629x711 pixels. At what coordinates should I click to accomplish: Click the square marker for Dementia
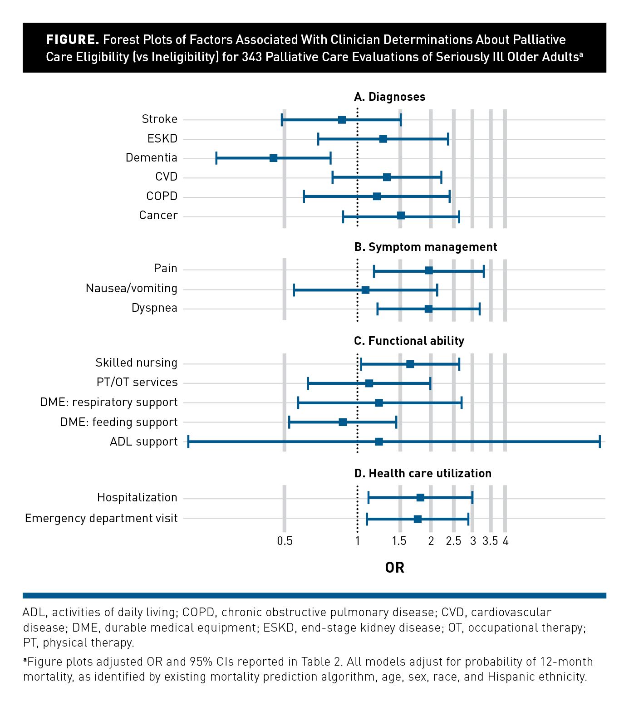[273, 158]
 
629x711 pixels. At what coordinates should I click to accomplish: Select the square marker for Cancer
[401, 216]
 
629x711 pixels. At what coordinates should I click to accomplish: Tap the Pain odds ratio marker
[429, 271]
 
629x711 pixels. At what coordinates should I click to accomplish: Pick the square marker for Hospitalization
[420, 498]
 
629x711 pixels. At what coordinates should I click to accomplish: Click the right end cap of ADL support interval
[600, 441]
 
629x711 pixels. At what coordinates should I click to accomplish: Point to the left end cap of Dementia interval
[216, 158]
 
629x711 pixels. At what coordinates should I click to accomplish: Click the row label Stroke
[159, 119]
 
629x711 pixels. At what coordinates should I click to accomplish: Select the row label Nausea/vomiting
[132, 289]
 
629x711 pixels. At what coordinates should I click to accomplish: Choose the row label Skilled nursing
[136, 363]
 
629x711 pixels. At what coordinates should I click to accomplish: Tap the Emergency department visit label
[101, 518]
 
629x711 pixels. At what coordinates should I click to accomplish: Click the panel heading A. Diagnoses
[389, 97]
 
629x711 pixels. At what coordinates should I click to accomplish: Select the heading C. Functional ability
[409, 341]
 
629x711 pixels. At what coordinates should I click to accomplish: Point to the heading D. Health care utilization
[423, 473]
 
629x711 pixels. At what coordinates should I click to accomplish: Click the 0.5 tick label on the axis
[285, 541]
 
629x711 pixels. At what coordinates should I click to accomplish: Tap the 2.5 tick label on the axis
[453, 541]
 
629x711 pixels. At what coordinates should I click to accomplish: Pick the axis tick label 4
[506, 541]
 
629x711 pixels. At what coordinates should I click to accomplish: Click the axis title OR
[394, 568]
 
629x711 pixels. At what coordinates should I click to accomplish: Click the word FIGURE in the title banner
[72, 39]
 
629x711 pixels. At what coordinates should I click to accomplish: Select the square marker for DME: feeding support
[343, 422]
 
